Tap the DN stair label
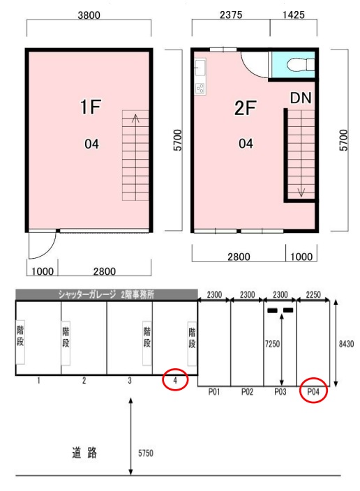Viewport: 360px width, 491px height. tap(301, 98)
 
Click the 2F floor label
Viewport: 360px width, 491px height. tap(246, 107)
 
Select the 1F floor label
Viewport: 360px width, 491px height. tap(91, 107)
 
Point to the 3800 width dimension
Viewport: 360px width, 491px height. tap(89, 15)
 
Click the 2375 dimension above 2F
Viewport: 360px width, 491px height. tap(231, 15)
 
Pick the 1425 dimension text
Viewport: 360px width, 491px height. tap(293, 15)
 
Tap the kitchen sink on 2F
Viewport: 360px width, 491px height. tap(200, 68)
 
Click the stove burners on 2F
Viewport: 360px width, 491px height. tap(200, 89)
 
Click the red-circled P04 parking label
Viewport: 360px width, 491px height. tap(313, 391)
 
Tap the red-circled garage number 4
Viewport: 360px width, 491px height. tap(175, 380)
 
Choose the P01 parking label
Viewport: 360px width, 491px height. tap(214, 391)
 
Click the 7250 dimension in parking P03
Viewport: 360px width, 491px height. tap(272, 344)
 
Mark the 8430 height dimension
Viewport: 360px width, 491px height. tap(346, 344)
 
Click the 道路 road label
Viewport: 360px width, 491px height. tap(84, 453)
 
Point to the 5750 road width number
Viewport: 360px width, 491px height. tap(146, 453)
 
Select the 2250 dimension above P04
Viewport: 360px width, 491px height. tap(313, 294)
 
